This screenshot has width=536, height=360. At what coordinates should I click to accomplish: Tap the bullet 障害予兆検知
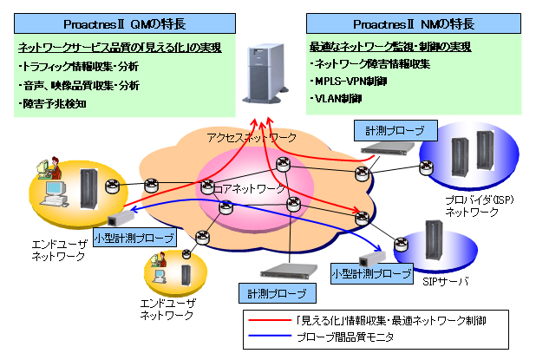point(54,104)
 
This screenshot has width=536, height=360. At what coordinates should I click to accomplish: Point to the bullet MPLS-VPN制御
point(349,81)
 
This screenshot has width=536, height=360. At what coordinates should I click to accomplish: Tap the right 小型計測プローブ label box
point(372,273)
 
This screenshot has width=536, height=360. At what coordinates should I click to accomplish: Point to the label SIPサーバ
point(448,282)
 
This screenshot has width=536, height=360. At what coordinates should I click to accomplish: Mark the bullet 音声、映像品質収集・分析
point(79,85)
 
